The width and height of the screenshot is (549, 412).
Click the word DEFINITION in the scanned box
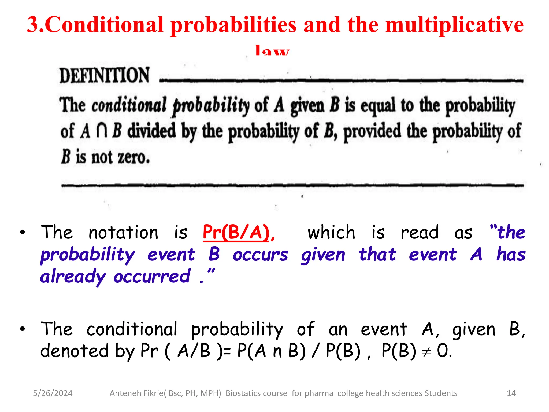[104, 76]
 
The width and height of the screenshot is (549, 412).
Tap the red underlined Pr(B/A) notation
[236, 232]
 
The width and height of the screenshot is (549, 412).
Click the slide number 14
[511, 393]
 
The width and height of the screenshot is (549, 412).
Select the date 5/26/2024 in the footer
[53, 393]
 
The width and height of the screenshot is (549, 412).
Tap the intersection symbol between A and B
[102, 131]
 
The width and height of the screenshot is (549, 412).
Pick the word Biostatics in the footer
[243, 393]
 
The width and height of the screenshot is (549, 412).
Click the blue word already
[73, 277]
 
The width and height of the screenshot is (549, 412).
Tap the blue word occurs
[260, 255]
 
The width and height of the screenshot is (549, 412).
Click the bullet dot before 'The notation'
[23, 232]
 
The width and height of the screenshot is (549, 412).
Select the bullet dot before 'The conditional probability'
[23, 329]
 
